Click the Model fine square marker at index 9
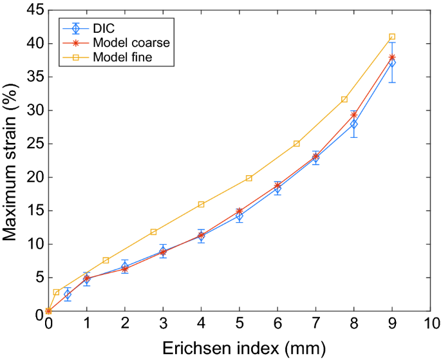click(392, 37)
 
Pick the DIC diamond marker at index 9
click(392, 62)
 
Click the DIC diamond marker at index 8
click(353, 124)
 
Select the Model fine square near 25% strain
click(296, 144)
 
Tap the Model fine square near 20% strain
click(249, 178)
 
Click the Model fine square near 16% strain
click(201, 204)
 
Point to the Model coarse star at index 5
click(239, 211)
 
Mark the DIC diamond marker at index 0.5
click(68, 294)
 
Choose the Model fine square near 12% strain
click(153, 232)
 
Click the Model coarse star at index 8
click(353, 115)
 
